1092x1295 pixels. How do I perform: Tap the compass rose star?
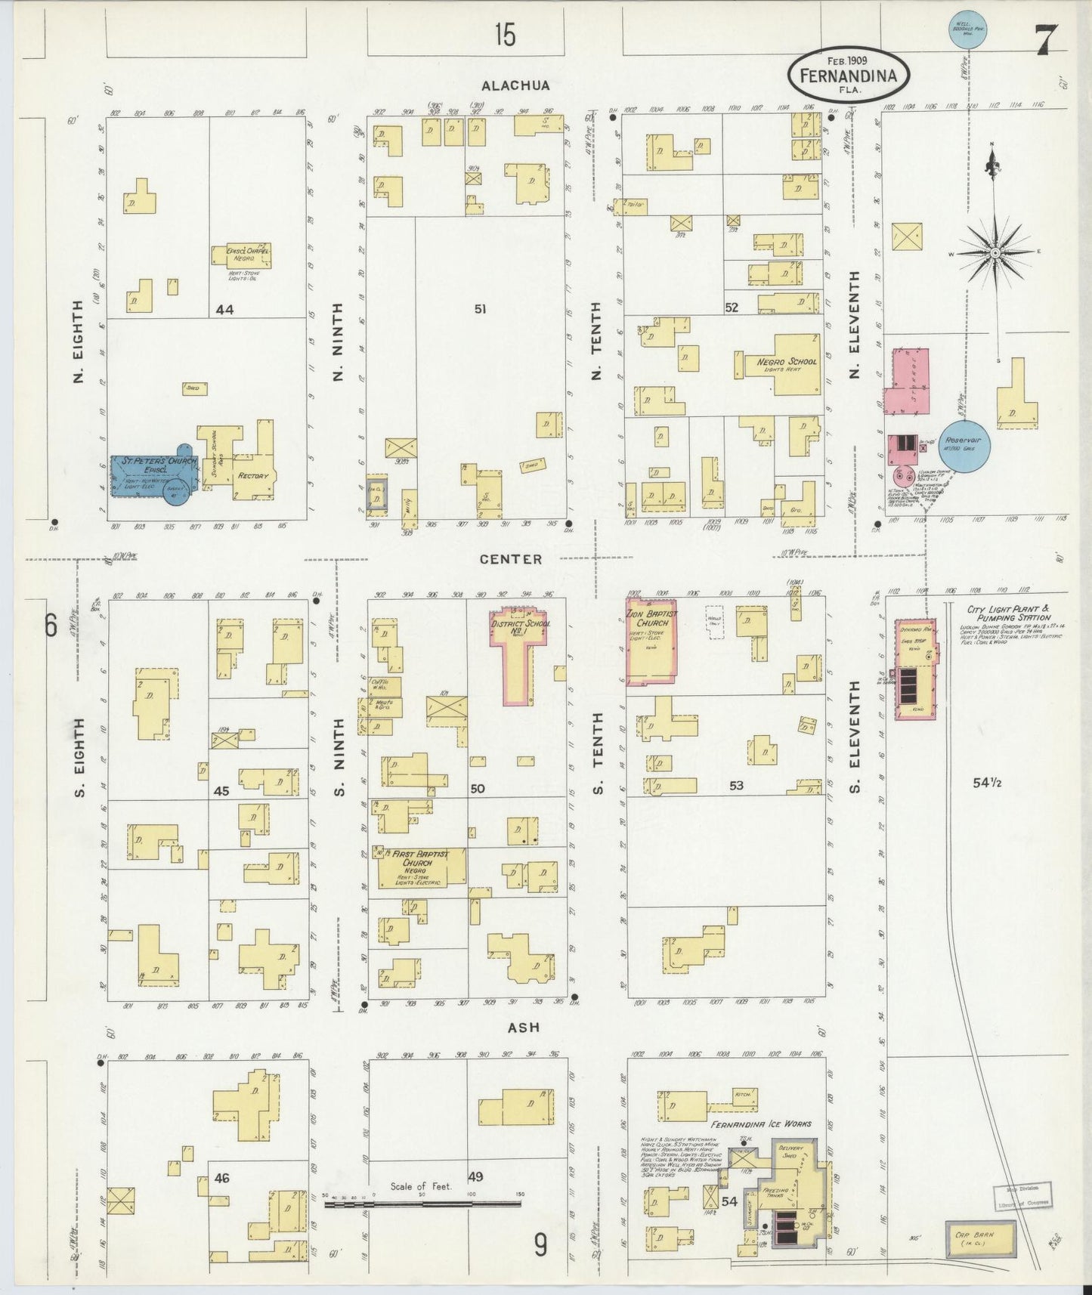pos(995,252)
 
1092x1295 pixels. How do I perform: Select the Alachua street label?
pos(515,85)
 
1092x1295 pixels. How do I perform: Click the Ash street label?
pos(523,1028)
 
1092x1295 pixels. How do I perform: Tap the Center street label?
pos(511,559)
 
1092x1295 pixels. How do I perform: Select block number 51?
pos(480,308)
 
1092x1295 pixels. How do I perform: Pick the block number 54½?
pos(987,783)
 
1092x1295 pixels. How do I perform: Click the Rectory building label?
pos(253,476)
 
